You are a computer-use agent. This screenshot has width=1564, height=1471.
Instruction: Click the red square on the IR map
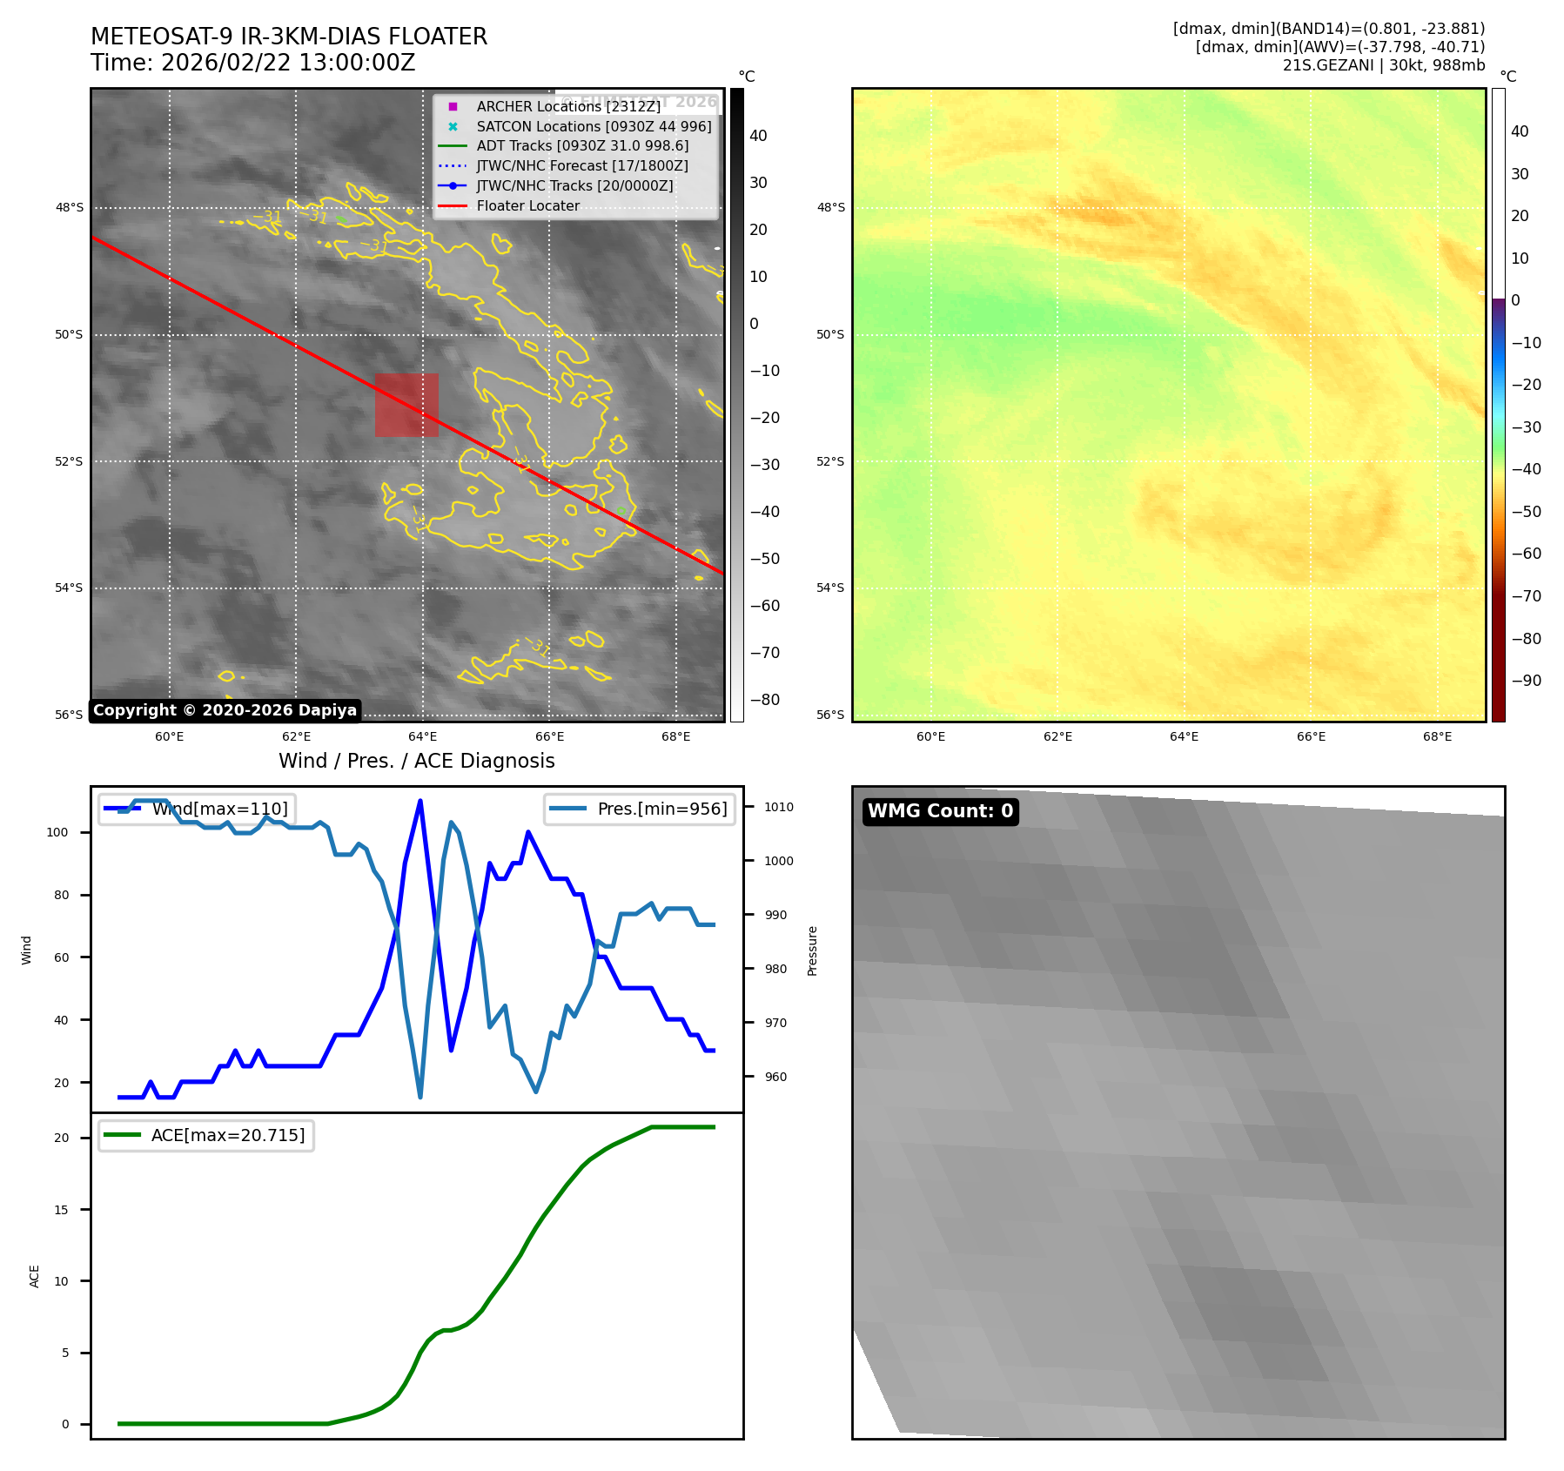[406, 405]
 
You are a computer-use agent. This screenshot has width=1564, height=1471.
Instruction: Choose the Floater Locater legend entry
[527, 205]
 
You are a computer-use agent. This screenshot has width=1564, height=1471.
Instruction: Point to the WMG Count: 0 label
[940, 811]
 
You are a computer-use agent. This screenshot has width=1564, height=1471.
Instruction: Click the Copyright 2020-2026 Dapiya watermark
[225, 710]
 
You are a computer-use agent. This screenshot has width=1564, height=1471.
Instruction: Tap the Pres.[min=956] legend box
[640, 809]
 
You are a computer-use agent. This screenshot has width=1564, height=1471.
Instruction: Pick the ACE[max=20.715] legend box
[206, 1135]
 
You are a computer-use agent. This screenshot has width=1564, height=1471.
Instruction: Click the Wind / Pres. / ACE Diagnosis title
[416, 761]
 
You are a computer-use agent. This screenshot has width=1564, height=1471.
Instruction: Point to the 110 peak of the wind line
[420, 801]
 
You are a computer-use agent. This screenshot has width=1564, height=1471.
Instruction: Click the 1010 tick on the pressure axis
[779, 807]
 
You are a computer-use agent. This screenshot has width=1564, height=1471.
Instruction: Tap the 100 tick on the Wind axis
[57, 832]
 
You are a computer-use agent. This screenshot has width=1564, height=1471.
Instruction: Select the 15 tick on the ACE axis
[61, 1210]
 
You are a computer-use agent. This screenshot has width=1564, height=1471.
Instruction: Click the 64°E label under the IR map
[422, 736]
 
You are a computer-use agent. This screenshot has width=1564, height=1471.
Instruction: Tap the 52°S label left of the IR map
[70, 461]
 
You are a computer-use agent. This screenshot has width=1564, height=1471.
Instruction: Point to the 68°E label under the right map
[1437, 736]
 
